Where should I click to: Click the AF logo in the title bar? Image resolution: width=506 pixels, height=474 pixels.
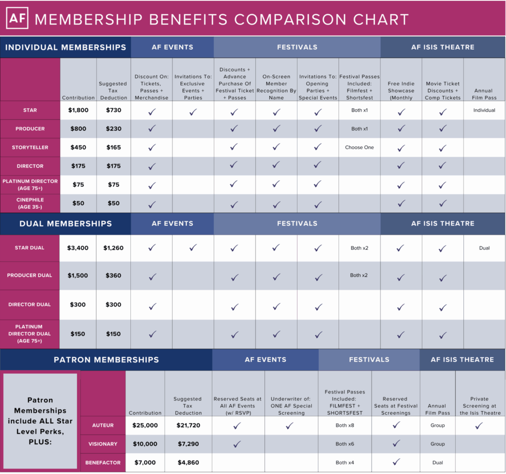[17, 18]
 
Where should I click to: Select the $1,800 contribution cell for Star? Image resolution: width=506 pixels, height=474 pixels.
[78, 110]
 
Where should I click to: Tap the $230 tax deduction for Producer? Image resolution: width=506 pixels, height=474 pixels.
[114, 129]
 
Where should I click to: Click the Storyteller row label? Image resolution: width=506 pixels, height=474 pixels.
[30, 147]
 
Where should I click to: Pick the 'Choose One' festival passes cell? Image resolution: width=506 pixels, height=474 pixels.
[359, 147]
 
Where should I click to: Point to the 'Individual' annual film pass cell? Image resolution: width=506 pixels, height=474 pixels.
[484, 110]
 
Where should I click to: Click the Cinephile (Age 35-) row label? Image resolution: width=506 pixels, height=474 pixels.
[30, 203]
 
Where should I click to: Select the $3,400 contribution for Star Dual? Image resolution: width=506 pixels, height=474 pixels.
[78, 248]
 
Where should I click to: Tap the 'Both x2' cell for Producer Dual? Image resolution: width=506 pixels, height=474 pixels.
[359, 275]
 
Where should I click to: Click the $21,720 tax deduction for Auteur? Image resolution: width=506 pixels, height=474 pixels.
[188, 425]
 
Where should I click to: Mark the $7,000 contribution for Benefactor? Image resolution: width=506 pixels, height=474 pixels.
[145, 463]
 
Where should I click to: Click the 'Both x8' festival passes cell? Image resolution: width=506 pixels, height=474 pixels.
[344, 425]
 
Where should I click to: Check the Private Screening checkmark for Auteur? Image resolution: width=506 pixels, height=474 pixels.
[479, 425]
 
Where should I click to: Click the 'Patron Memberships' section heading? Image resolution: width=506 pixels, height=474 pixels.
[106, 359]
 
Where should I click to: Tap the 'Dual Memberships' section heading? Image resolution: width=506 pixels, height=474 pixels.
[66, 224]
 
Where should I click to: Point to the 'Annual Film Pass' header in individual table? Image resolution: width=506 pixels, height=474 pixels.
[484, 94]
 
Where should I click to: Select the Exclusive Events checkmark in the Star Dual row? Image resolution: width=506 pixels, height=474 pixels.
[193, 248]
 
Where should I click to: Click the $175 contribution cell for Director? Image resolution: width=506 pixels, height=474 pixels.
[78, 166]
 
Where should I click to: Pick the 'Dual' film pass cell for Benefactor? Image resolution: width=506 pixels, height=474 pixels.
[437, 463]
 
